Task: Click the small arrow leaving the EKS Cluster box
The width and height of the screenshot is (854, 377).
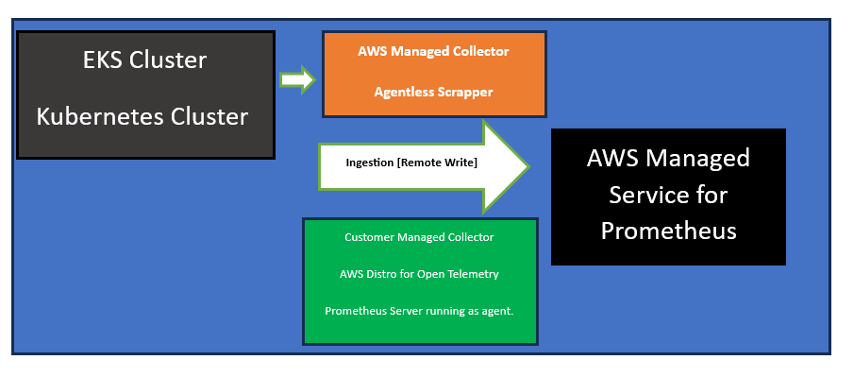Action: [297, 79]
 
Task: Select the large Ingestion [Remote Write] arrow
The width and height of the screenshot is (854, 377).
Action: [423, 166]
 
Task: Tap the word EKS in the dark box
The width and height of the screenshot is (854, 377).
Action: [104, 60]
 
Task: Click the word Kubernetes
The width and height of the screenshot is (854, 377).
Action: [100, 117]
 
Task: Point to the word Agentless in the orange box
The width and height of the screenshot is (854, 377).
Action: [398, 93]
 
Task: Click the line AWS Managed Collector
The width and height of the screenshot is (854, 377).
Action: [433, 51]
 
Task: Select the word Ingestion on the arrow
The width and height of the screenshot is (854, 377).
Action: [370, 163]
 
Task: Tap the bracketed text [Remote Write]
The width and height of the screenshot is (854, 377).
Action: [438, 163]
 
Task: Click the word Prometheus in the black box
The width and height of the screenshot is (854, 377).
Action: [668, 231]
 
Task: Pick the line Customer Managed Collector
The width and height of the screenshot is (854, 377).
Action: [419, 237]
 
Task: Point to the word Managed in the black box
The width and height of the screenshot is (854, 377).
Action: [697, 159]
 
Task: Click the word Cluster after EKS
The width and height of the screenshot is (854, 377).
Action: [168, 60]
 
